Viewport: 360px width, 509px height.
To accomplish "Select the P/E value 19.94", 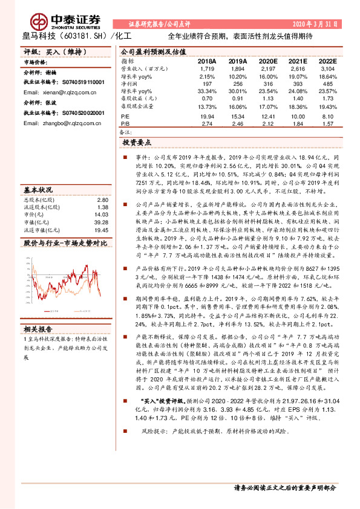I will point(207,115).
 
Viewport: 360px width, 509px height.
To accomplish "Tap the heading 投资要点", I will point(137,143).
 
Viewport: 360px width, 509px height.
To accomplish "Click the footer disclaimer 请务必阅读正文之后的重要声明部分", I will point(284,487).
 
